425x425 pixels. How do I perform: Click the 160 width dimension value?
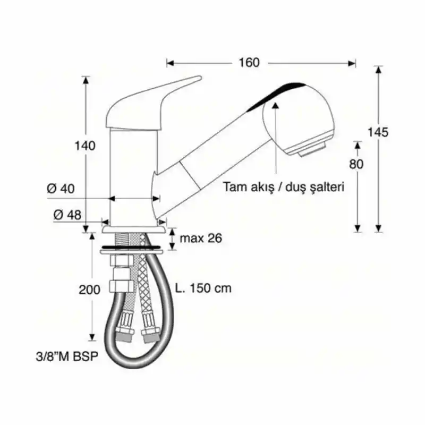(249, 63)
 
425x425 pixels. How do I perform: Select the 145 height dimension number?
(378, 132)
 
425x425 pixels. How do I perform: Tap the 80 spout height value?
(356, 164)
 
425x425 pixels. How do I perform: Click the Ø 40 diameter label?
(61, 189)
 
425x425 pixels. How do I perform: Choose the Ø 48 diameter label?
(67, 215)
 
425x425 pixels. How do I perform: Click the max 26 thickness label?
(201, 238)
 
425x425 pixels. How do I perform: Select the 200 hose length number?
(89, 290)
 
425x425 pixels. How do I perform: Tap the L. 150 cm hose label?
(203, 288)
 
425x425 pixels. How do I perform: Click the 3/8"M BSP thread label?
(67, 356)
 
